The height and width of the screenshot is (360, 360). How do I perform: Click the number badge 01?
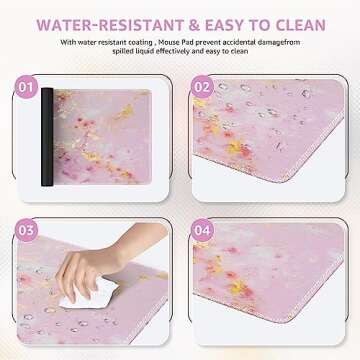(29, 86)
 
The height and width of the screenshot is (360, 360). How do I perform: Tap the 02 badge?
(204, 86)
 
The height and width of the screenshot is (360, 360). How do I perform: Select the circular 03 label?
(29, 232)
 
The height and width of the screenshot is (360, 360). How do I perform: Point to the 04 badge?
(204, 232)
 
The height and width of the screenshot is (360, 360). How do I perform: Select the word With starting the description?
(68, 42)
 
